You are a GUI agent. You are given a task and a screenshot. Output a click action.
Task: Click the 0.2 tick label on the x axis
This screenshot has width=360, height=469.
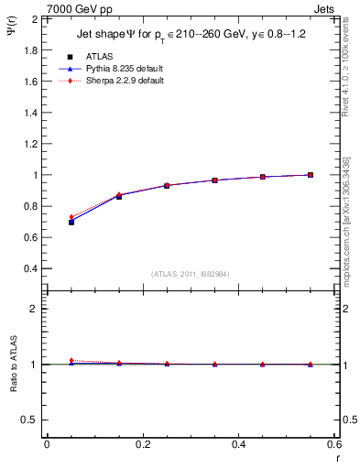(142, 444)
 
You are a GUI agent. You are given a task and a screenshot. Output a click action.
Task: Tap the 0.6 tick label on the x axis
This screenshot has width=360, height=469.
(333, 444)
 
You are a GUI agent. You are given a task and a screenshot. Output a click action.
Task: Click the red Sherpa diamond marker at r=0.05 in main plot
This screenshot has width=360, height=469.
(71, 217)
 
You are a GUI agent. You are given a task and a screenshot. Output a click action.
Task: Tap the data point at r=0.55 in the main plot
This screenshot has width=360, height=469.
(311, 175)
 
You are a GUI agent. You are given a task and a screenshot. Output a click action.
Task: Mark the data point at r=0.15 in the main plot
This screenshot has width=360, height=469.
(119, 196)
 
